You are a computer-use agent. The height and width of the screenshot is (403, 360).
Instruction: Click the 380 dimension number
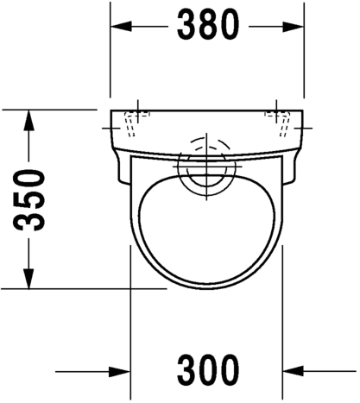tap(208, 24)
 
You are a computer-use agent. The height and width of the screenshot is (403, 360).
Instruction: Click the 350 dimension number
tap(29, 200)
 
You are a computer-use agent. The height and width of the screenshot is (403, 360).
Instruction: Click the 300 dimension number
tap(208, 370)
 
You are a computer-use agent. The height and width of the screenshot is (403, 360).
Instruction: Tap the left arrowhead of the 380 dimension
tap(121, 27)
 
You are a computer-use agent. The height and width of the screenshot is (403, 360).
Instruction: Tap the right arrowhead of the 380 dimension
tap(293, 27)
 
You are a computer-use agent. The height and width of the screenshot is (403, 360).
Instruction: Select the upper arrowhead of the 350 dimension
tap(28, 120)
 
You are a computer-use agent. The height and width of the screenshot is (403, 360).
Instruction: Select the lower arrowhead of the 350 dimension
tap(28, 279)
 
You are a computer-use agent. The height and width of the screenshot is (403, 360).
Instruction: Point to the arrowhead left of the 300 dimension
tap(120, 372)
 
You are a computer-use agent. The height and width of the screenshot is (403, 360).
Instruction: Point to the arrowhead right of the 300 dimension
tap(294, 372)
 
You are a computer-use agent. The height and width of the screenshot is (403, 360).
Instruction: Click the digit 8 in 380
tap(208, 24)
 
